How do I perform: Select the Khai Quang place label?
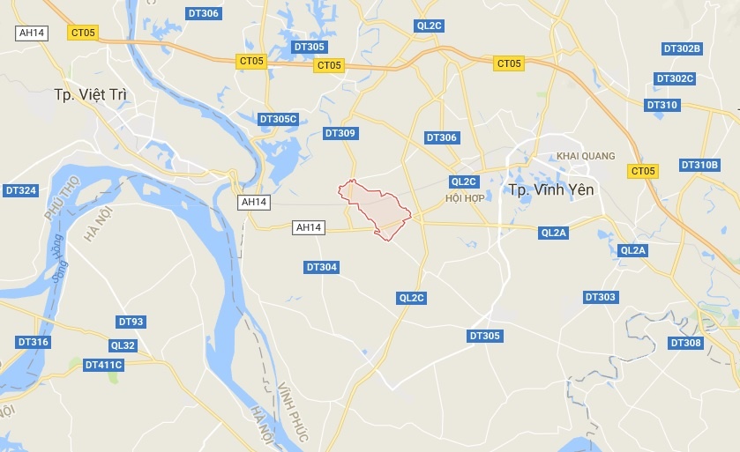point(586,157)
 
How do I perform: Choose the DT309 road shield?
point(340,134)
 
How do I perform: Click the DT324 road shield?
point(20,190)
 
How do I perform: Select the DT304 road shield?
point(321,267)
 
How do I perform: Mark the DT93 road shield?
point(131,322)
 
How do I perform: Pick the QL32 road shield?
point(123,345)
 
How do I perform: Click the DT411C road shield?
point(103,364)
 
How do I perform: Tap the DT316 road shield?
point(33,342)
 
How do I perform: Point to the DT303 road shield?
point(600,297)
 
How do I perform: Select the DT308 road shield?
point(685,343)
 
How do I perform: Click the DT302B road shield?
point(681,48)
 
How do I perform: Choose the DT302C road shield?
point(676,78)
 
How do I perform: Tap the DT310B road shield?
point(699,165)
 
